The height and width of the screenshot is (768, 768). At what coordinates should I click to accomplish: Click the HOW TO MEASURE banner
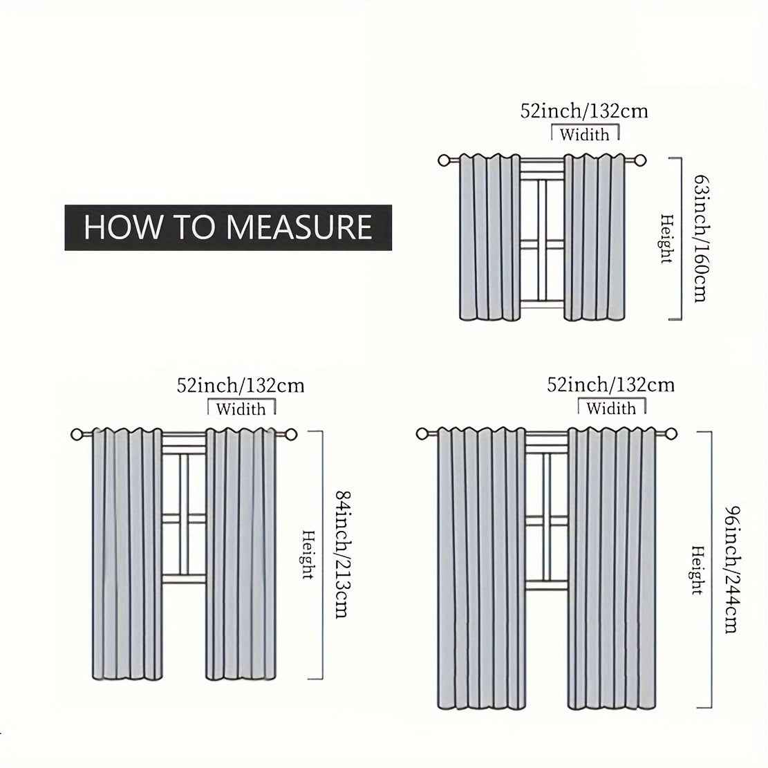tap(228, 227)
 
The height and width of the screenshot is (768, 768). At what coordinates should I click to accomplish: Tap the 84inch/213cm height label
tap(339, 554)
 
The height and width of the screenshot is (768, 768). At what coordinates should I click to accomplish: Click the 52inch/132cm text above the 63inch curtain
tap(584, 111)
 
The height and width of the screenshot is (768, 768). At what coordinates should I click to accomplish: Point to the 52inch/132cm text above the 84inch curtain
tap(241, 385)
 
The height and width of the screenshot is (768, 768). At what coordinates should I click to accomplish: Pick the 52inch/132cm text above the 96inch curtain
tap(610, 384)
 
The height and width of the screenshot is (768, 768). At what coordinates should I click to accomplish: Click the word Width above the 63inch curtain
tap(584, 134)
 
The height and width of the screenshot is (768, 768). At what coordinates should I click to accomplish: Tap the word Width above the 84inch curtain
tap(241, 409)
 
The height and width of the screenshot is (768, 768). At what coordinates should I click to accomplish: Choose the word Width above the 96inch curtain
tap(611, 408)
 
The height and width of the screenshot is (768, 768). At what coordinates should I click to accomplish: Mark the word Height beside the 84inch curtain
tap(308, 554)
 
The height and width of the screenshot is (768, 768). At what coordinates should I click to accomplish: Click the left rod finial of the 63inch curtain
tap(444, 160)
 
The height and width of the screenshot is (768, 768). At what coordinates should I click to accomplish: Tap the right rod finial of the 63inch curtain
tap(640, 160)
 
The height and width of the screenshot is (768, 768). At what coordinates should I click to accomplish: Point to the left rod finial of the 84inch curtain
tap(77, 435)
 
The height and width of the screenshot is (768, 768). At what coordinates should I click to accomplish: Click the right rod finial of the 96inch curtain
tap(671, 434)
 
